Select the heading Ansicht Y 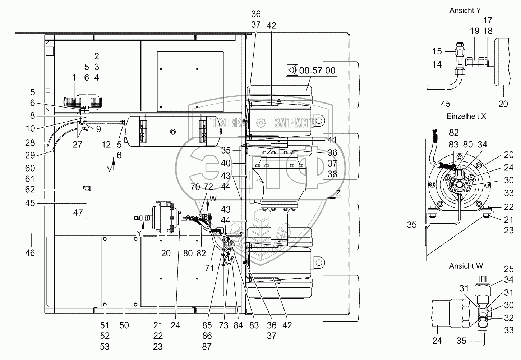(465, 11)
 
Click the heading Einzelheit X (466, 116)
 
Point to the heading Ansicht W (466, 266)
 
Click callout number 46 (30, 253)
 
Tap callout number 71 (210, 268)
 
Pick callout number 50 (124, 325)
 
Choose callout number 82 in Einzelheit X (454, 133)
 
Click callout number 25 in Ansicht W (509, 269)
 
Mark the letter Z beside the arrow (338, 193)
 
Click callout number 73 (224, 325)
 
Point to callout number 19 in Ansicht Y (475, 31)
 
